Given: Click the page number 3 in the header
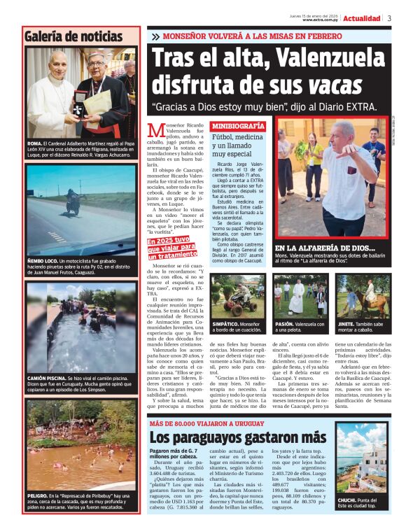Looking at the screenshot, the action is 389,18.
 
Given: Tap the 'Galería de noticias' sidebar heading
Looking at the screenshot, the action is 73,36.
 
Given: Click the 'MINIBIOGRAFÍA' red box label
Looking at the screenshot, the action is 238,126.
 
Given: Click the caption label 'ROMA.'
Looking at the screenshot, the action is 34,143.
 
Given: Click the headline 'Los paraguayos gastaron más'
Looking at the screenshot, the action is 238,437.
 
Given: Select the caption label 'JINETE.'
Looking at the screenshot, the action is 347,324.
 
